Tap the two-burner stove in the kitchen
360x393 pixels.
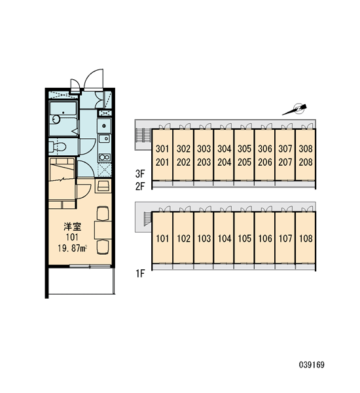point(105,157)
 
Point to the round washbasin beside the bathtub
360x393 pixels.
point(56,119)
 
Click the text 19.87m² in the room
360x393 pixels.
point(73,248)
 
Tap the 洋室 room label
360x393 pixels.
point(73,227)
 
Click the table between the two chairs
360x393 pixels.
point(103,230)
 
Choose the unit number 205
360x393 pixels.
point(244,162)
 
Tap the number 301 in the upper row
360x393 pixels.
point(162,149)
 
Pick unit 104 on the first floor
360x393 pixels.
point(225,238)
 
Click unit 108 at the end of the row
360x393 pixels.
point(306,238)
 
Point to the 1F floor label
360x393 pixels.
point(140,273)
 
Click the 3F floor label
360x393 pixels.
point(140,173)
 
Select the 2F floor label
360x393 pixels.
point(140,186)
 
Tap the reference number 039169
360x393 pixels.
point(312,365)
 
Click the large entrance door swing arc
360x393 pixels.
point(90,76)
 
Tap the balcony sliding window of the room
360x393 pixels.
point(90,266)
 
